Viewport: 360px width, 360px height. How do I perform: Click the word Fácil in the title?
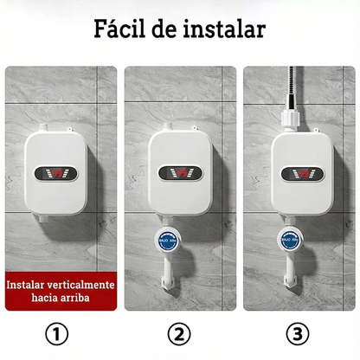click(x=126, y=29)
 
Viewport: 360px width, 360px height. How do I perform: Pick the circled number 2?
click(x=178, y=333)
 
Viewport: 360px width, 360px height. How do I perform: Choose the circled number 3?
click(x=299, y=333)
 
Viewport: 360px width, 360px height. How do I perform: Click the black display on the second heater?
click(x=179, y=171)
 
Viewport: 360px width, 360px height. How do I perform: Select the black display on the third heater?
click(x=300, y=171)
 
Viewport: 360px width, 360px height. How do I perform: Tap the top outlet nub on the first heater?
click(x=58, y=130)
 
